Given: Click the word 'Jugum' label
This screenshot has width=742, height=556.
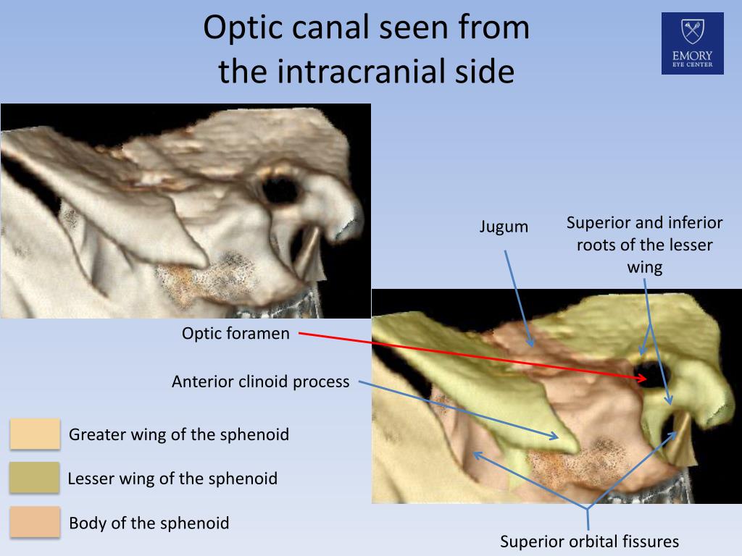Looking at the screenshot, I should (x=504, y=227).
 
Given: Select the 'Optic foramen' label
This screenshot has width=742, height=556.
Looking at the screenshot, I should (x=235, y=334).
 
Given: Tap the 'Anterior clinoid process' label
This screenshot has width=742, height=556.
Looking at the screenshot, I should (x=260, y=382).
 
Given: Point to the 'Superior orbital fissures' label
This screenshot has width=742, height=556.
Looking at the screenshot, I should (x=589, y=542).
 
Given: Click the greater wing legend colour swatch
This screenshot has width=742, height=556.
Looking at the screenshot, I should (x=35, y=434).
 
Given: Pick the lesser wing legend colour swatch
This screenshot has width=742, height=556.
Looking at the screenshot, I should (x=35, y=478).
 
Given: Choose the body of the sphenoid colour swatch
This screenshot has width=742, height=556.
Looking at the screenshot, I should (x=35, y=522).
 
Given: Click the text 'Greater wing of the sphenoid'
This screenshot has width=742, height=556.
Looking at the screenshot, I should (x=178, y=434).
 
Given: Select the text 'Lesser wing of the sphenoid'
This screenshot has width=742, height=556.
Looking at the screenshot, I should (x=172, y=479).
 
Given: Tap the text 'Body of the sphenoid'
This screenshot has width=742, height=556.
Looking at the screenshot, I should (x=149, y=523).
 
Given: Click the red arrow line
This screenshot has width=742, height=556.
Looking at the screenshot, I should (x=464, y=355).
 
